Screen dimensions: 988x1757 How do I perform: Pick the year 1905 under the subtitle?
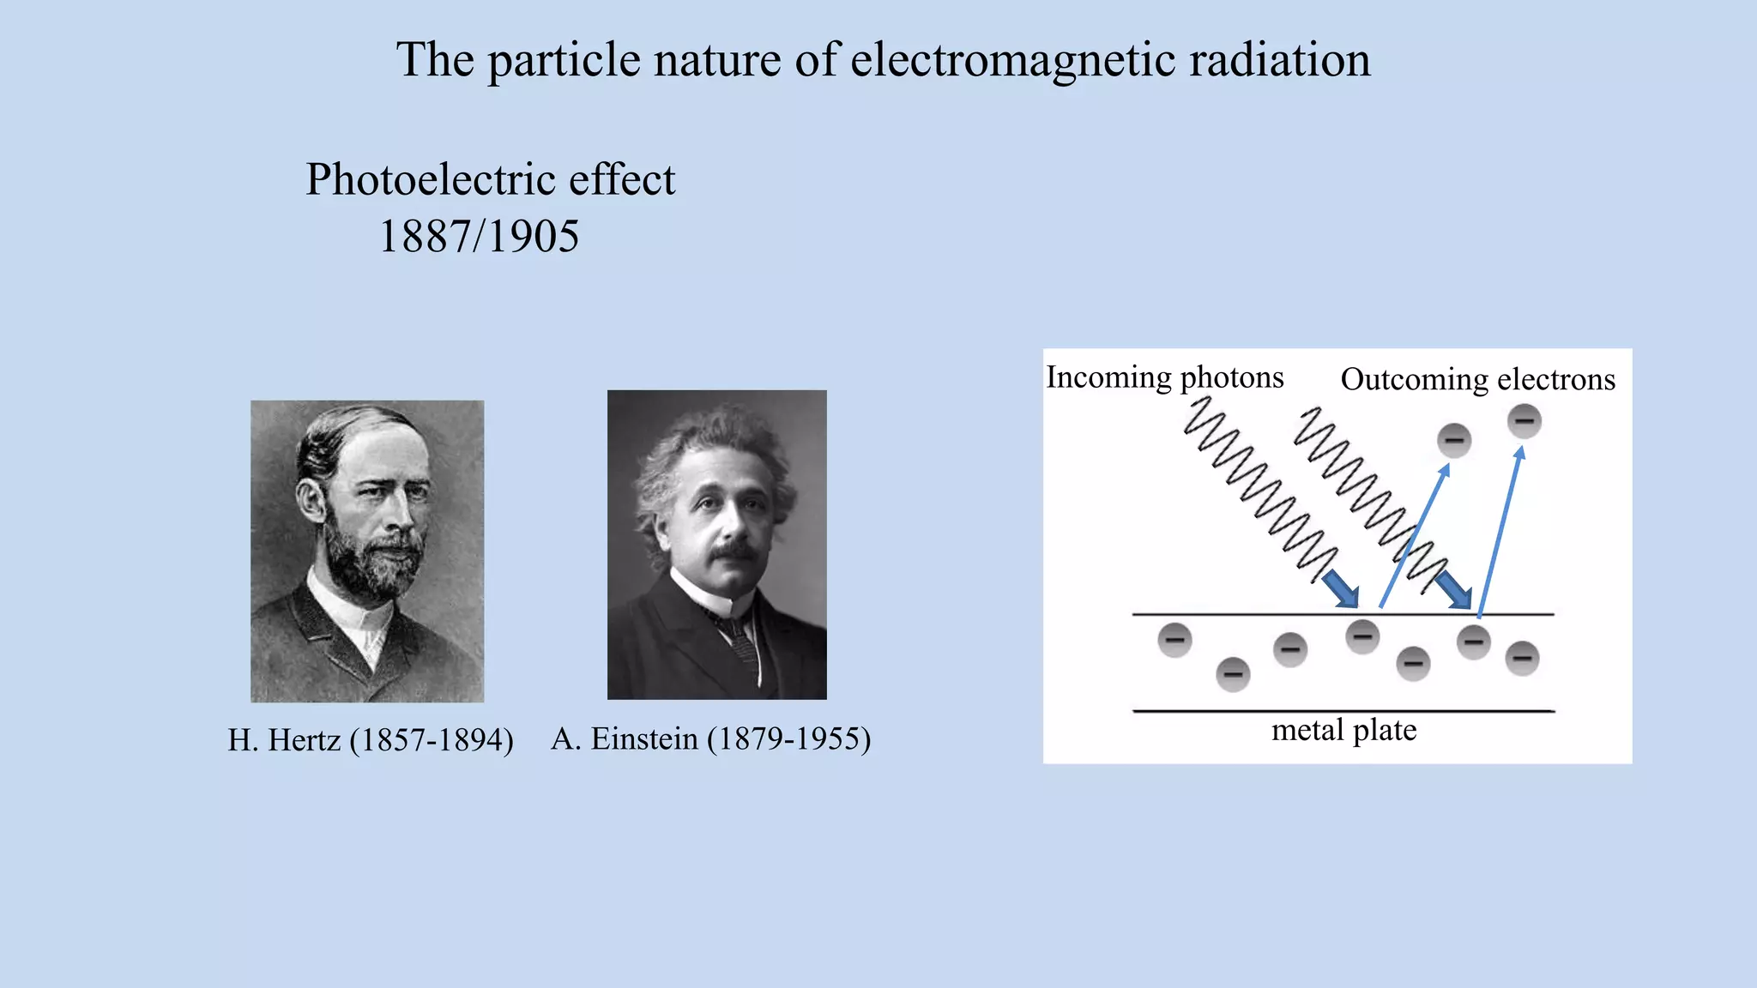tap(534, 237)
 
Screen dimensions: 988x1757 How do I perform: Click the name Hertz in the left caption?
tap(305, 739)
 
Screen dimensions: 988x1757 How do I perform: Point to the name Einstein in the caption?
tap(644, 738)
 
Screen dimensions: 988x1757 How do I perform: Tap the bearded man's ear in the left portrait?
tap(311, 500)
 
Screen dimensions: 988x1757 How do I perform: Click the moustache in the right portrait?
tap(736, 550)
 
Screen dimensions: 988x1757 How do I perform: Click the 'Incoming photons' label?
tap(1164, 377)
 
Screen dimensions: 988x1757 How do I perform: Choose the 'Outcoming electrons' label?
tap(1477, 379)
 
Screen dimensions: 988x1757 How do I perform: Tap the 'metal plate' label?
tap(1343, 730)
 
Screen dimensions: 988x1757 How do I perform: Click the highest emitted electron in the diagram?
tap(1525, 421)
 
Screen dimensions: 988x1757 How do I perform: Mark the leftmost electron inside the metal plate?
tap(1174, 640)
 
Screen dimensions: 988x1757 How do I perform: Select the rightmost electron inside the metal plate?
tap(1522, 659)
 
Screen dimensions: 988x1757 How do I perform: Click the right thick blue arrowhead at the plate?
tap(1456, 592)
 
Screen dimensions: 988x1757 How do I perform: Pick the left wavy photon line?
tap(1257, 489)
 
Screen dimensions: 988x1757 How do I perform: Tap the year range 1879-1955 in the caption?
tap(788, 738)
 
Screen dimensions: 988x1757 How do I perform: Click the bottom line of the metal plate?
tap(1343, 711)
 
